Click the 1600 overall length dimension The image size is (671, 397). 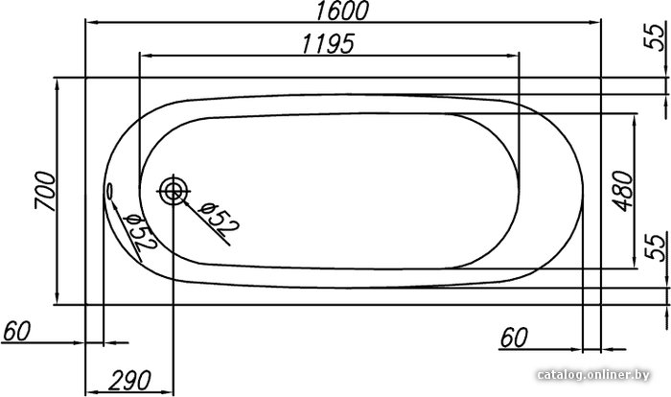(342, 11)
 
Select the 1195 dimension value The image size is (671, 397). (328, 44)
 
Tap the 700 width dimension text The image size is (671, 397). (45, 191)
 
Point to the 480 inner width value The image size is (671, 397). (623, 191)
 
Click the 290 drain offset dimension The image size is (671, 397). (129, 381)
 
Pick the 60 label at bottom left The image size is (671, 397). (16, 331)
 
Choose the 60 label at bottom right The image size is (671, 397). (514, 338)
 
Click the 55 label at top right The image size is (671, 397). (655, 36)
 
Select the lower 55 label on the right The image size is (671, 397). (656, 246)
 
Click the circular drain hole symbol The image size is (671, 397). (173, 192)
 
